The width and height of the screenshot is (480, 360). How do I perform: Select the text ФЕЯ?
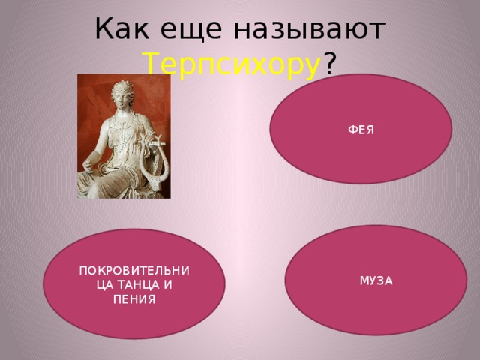[361, 130]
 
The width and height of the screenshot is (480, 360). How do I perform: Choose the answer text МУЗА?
[376, 280]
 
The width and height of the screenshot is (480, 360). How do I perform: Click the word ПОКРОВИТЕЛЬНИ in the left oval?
[135, 271]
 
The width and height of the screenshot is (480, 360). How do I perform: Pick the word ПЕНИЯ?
[135, 299]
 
